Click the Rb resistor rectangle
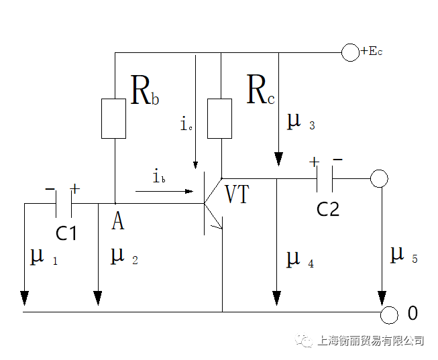[x=114, y=119]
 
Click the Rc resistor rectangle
[x=220, y=119]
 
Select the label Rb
[x=145, y=92]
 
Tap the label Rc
[x=260, y=92]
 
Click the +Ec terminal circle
[x=350, y=53]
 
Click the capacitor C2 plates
[x=325, y=179]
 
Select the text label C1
[x=66, y=233]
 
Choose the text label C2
[x=328, y=208]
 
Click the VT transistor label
[x=237, y=195]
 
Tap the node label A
[x=117, y=221]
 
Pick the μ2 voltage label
[x=123, y=256]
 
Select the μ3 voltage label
[x=300, y=121]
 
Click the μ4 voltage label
[x=300, y=259]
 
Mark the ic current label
[x=186, y=124]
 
